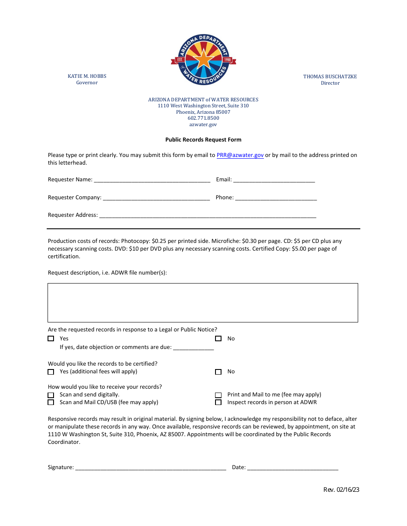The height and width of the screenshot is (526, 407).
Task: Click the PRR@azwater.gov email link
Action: tap(240, 155)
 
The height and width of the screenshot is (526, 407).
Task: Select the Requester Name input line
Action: tap(152, 180)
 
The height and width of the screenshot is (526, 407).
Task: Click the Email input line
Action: tap(274, 180)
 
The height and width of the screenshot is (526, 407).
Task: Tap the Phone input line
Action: tap(276, 198)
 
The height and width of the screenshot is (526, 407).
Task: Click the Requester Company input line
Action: tap(156, 198)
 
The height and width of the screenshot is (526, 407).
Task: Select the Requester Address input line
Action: tap(208, 216)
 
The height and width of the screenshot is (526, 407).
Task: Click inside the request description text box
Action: tap(203, 302)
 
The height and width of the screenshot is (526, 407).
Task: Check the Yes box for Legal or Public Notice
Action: tap(51, 339)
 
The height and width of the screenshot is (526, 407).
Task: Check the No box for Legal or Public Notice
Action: tap(218, 339)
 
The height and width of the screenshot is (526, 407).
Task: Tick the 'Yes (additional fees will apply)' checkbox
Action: tap(51, 372)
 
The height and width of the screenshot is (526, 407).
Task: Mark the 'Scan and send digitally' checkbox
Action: tap(51, 395)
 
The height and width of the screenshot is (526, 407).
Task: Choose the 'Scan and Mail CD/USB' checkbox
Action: tap(51, 402)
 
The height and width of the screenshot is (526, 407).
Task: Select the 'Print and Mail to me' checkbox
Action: tap(218, 395)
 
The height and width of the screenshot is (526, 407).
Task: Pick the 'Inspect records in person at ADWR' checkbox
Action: tap(218, 402)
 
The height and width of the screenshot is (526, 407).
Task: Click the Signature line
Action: tap(151, 468)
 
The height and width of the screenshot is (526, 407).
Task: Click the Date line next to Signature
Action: tap(293, 468)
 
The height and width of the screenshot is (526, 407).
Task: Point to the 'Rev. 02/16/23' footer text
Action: tap(341, 490)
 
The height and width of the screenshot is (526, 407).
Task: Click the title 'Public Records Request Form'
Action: tap(203, 140)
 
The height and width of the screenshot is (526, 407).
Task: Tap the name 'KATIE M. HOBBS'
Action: tap(87, 76)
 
